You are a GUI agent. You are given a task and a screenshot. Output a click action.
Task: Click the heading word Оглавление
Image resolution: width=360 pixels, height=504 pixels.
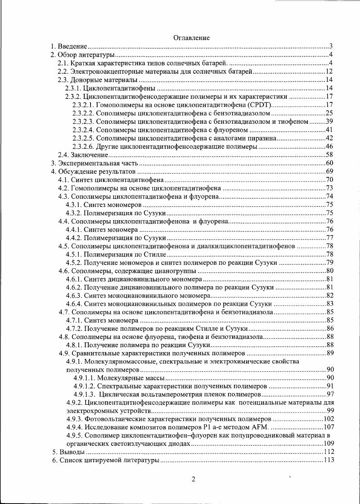[x=192, y=38]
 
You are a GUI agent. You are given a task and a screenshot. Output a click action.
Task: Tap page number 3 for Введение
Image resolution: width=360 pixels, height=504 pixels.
[x=332, y=46]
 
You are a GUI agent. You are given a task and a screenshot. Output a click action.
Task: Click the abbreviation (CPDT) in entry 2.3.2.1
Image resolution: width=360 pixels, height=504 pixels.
[x=259, y=105]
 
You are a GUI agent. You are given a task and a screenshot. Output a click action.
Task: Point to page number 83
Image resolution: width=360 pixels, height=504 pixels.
[x=330, y=304]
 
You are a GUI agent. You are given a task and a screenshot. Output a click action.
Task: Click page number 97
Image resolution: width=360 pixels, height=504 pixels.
[x=330, y=394]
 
